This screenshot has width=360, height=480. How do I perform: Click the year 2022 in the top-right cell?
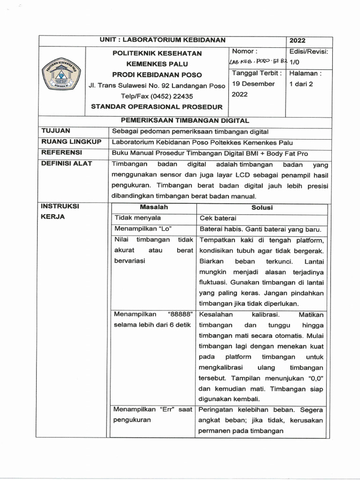tap(297, 41)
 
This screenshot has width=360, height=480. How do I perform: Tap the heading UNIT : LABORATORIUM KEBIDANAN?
tap(163, 40)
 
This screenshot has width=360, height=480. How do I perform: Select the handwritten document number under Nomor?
tap(257, 62)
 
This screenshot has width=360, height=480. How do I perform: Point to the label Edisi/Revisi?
tap(309, 51)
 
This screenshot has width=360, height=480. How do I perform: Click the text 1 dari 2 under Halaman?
tap(301, 84)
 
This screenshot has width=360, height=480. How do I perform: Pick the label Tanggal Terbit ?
tap(257, 73)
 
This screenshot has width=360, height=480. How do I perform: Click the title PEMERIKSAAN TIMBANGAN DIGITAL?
tap(185, 120)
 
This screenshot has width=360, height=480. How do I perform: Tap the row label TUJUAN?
tap(56, 131)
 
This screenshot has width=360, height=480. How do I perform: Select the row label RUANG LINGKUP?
tap(71, 142)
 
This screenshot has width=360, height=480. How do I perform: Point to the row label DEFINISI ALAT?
tap(67, 164)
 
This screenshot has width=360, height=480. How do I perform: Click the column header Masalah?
tap(153, 207)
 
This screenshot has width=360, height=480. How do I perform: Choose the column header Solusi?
tap(264, 207)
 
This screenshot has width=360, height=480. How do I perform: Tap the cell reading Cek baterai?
tap(218, 218)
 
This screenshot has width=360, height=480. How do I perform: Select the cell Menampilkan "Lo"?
tap(142, 229)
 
